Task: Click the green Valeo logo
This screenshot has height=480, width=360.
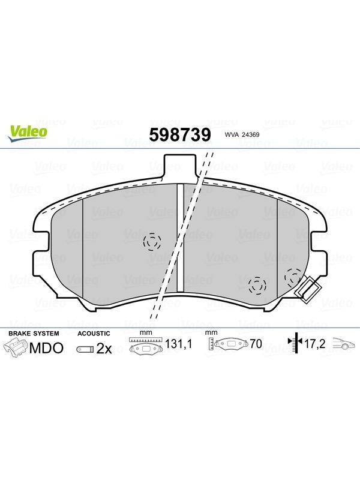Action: click(x=28, y=134)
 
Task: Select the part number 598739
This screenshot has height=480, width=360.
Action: click(x=180, y=134)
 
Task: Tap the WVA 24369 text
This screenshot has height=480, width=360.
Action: click(x=242, y=134)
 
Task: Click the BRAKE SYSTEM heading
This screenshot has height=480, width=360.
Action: click(x=34, y=334)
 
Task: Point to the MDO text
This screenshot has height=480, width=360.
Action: click(x=47, y=348)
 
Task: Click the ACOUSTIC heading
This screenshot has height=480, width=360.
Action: click(x=94, y=334)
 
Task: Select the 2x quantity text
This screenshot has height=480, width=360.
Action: click(x=104, y=349)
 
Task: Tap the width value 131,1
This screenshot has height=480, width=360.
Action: click(x=178, y=344)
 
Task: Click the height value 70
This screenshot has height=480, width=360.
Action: click(x=256, y=344)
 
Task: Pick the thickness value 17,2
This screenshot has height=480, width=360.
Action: click(x=314, y=344)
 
